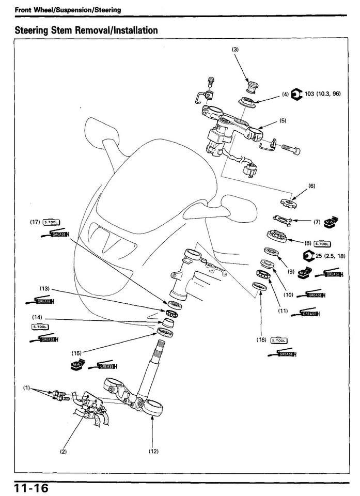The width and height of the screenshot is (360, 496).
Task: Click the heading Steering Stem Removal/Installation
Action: tap(86, 30)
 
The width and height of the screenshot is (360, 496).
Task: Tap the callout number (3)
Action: tap(235, 49)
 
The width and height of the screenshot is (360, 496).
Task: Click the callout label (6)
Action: tap(311, 185)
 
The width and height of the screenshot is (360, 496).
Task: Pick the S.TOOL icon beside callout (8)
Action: tap(322, 243)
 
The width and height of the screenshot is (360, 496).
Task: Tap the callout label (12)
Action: tap(153, 451)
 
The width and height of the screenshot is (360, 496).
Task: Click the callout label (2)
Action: tap(64, 451)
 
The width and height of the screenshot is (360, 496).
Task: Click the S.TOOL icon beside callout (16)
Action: tap(279, 340)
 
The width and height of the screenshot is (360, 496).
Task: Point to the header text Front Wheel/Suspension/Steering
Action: tap(68, 9)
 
